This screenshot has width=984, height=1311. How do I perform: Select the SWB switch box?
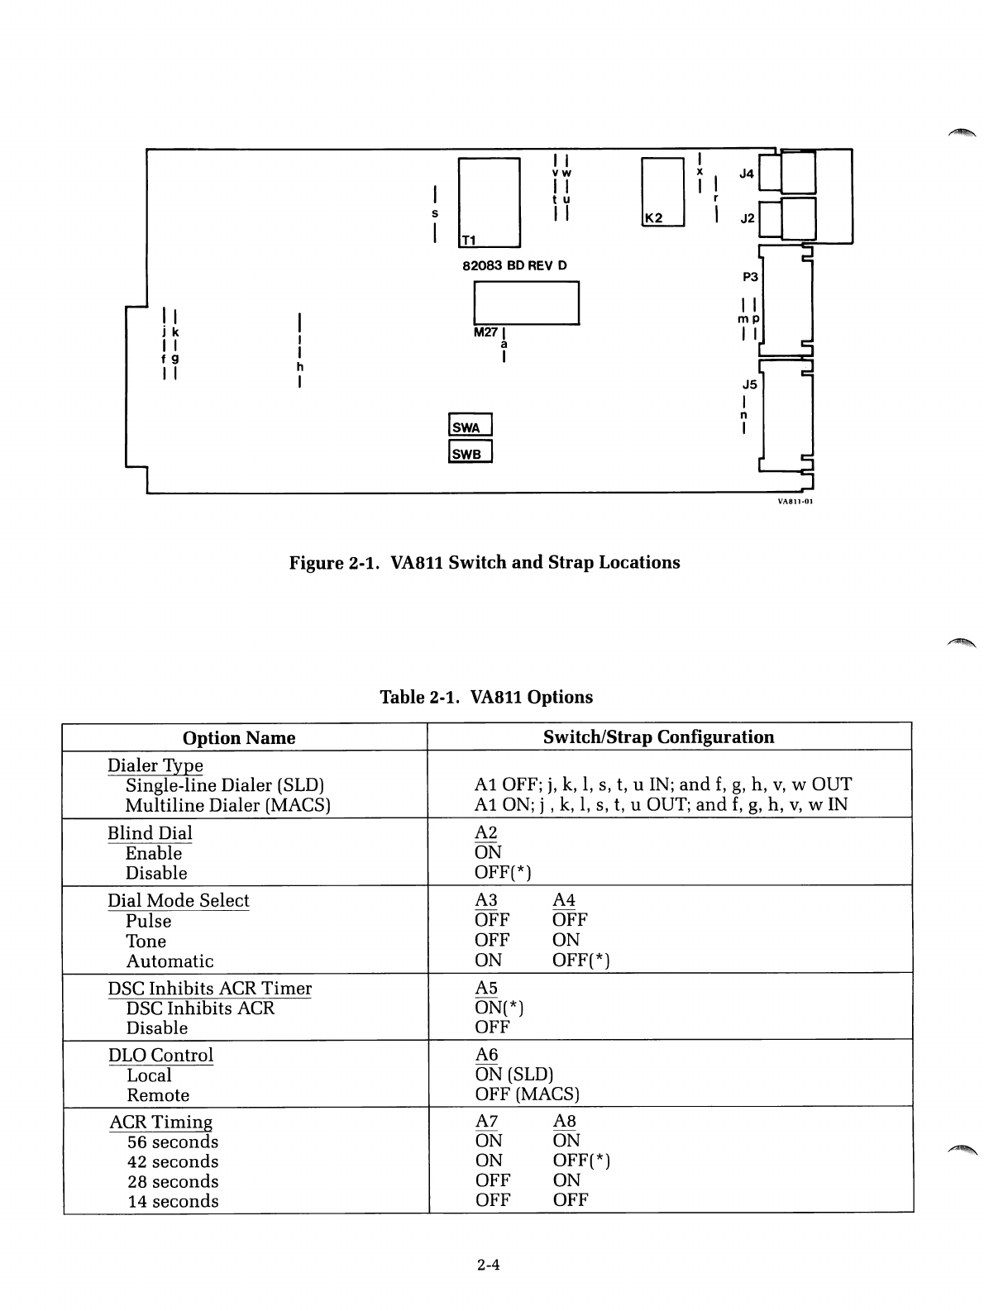(469, 453)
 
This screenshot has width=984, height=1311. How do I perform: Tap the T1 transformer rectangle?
(488, 202)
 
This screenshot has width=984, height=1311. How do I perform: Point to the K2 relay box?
(662, 191)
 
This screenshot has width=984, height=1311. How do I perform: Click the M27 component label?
(485, 331)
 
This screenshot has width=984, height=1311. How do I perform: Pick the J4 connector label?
(747, 174)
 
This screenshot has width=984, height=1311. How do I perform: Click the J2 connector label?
(747, 218)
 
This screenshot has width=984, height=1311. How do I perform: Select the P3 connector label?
(750, 277)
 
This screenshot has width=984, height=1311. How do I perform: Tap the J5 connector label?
(749, 384)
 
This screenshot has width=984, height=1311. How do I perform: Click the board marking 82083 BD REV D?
(514, 265)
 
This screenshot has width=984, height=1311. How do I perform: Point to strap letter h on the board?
(299, 366)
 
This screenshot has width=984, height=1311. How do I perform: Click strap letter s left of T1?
(435, 212)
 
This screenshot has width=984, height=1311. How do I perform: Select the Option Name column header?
(239, 737)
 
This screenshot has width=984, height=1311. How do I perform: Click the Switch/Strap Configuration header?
(658, 737)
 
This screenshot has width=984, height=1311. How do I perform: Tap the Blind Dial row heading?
(150, 833)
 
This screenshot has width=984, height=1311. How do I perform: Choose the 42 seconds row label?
(173, 1161)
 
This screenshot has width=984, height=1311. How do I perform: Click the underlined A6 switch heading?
(486, 1055)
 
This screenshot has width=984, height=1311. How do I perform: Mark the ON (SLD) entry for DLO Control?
(513, 1075)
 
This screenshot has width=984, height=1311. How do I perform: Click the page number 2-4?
(489, 1265)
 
